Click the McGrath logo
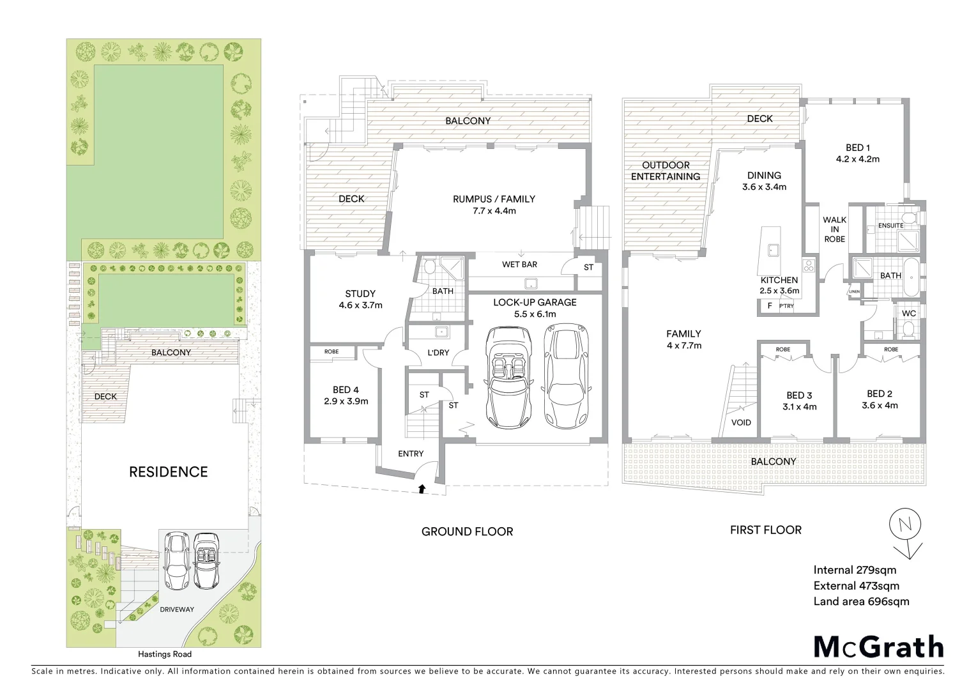coord(878,647)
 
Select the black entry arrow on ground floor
coord(422,489)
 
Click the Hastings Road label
coord(165,654)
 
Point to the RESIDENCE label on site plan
coord(169,472)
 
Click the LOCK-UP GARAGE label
coord(535,302)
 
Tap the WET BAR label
coord(519,264)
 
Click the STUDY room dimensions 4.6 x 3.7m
coord(360,305)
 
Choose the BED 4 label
coord(346,390)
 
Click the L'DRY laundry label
coord(438,352)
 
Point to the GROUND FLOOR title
coord(467,532)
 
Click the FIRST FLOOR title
coord(766,530)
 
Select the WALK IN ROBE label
coord(834,229)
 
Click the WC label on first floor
coord(908,313)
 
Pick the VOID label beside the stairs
coord(741,422)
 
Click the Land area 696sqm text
coord(861,601)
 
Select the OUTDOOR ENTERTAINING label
coord(666,171)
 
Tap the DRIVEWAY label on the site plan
coord(177,609)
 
